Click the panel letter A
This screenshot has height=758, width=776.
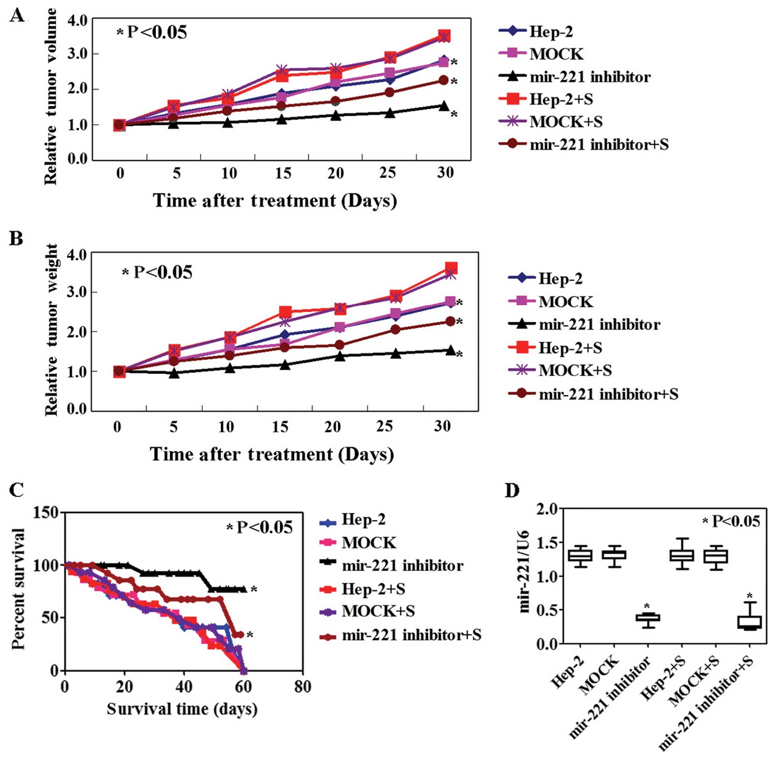coord(17,16)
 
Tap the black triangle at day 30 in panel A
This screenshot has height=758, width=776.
coord(444,106)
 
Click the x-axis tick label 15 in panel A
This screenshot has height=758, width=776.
coord(283,173)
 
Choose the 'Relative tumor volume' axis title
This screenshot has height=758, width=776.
coord(51,97)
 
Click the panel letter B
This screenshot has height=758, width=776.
coord(16,239)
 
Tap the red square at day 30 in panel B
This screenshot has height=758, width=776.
coord(451,268)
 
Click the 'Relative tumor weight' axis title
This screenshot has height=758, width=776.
coord(51,330)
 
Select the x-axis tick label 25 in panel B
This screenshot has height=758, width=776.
coord(385,426)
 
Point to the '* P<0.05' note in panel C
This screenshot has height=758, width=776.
coord(259,528)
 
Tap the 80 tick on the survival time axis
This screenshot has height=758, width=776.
coord(302,687)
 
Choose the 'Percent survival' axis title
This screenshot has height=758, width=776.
coord(18,589)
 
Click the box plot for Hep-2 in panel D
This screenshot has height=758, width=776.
coord(580,555)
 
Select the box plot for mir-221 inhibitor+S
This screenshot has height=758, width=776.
coord(749,621)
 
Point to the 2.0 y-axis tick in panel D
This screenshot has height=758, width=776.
coord(549,509)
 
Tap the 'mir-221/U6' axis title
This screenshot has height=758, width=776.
coord(524,571)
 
